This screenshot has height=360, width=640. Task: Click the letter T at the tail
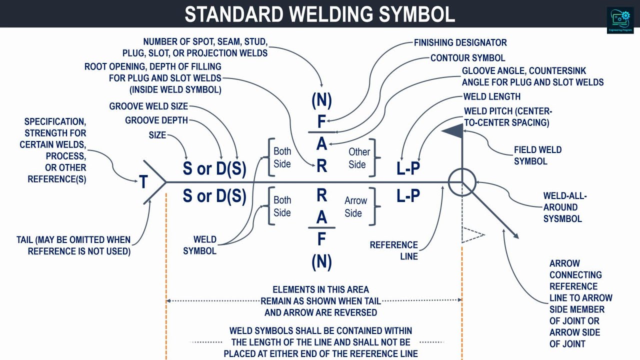[143, 182]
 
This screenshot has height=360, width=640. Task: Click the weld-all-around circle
[461, 182]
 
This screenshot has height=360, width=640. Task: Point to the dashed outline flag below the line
[472, 234]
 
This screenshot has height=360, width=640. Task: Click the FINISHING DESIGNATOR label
[460, 43]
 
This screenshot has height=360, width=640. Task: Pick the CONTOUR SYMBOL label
[467, 58]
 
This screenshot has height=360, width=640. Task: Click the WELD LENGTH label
[492, 96]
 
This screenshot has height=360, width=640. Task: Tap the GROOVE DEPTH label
[156, 120]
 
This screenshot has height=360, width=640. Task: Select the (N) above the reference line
[321, 100]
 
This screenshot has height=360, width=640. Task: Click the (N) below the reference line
[321, 261]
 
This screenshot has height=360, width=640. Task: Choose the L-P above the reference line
[408, 169]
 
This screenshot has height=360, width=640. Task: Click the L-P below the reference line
[408, 196]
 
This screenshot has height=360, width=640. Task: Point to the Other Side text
[359, 158]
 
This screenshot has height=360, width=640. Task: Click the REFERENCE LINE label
[394, 250]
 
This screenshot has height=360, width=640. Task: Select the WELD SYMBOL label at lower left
[199, 245]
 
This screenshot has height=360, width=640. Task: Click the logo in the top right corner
[620, 20]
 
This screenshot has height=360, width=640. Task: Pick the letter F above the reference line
[321, 122]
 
